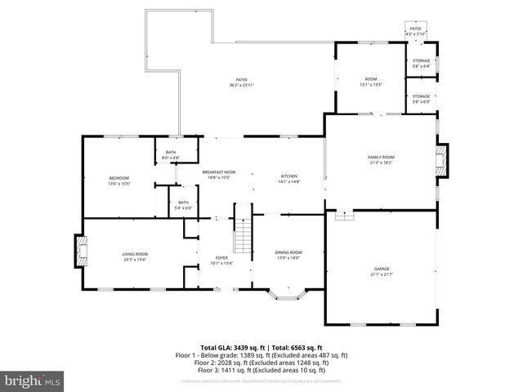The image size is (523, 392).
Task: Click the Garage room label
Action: click(382, 270)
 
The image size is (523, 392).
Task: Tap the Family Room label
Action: click(382, 159)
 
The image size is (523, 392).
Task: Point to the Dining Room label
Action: click(288, 255)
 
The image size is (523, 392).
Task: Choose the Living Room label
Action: click(134, 257)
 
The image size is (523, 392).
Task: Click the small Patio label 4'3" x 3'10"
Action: click(415, 30)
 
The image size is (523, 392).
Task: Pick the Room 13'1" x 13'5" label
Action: click(371, 82)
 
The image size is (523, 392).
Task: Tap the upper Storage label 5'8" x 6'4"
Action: click(421, 63)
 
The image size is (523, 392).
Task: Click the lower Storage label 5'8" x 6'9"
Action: click(421, 98)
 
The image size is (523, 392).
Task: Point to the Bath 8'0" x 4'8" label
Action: click(171, 154)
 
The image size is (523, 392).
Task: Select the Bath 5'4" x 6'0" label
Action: click(183, 205)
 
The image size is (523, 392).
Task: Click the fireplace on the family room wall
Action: click(442, 160)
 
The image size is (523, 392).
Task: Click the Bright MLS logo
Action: click(33, 381)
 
